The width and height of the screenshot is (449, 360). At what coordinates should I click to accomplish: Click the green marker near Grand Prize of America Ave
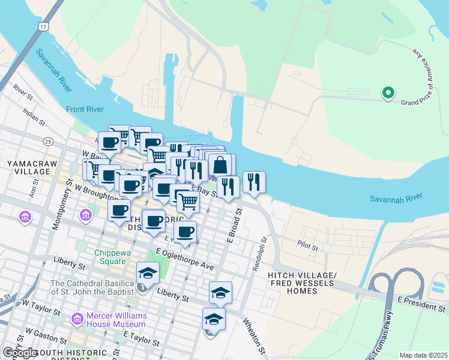click(x=388, y=93)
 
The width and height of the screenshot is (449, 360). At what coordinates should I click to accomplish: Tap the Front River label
click(x=85, y=109)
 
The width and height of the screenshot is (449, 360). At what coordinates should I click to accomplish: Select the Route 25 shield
click(x=48, y=141)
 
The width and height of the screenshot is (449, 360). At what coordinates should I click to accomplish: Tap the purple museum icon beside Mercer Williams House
click(x=77, y=318)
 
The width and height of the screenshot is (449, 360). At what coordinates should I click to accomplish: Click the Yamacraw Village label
click(x=23, y=167)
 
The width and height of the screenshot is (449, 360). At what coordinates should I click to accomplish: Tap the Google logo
click(x=20, y=353)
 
